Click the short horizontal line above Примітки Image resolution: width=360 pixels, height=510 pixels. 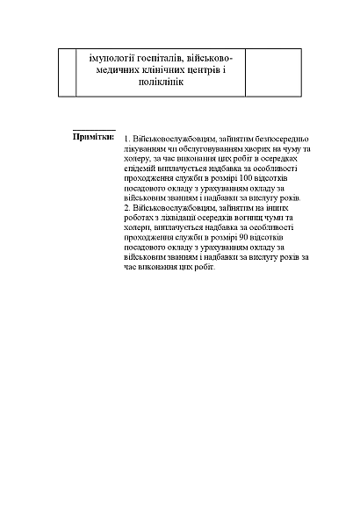pos(93,128)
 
